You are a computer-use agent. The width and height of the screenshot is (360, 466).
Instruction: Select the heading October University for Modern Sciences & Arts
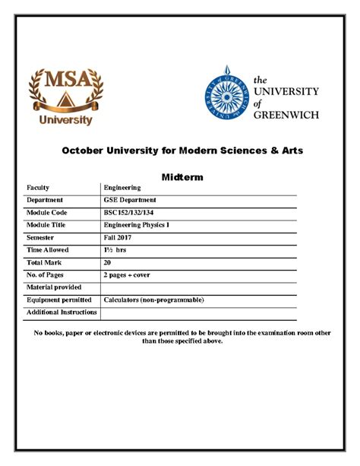point(182,151)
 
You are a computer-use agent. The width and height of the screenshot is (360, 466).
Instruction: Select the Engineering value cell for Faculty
point(122,187)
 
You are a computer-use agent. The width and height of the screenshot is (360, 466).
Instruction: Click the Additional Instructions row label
point(62,312)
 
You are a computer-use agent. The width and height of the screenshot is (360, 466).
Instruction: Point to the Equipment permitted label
point(58,300)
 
